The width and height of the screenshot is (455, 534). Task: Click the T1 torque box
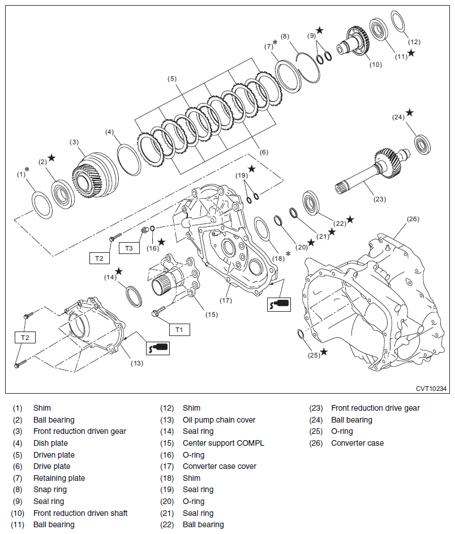(x=179, y=329)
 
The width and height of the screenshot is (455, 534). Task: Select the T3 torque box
(x=129, y=248)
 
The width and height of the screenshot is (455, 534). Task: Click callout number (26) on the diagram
(x=413, y=219)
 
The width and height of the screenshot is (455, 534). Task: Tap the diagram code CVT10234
(x=431, y=388)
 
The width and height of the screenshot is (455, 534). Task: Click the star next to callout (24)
(x=410, y=113)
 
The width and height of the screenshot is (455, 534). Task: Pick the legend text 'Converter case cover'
(x=219, y=466)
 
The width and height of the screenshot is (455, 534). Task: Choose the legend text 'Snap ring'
(x=50, y=489)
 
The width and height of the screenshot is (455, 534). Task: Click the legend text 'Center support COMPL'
(x=223, y=443)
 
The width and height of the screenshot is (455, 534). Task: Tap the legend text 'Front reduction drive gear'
(x=375, y=408)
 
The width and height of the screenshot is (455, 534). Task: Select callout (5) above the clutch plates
(x=172, y=79)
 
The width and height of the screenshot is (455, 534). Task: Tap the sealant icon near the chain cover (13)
(x=158, y=347)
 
